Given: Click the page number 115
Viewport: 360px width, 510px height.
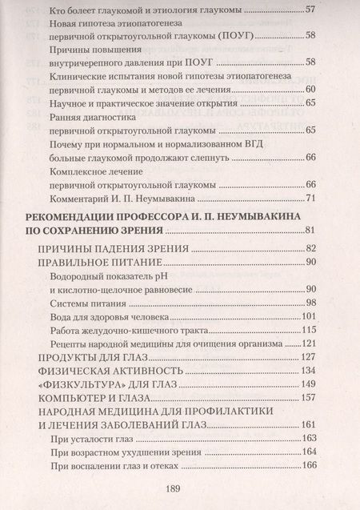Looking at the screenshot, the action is (x=310, y=329).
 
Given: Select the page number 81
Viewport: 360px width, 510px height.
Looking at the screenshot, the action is (x=311, y=231).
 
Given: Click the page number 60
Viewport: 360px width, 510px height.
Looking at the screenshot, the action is (x=311, y=89).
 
